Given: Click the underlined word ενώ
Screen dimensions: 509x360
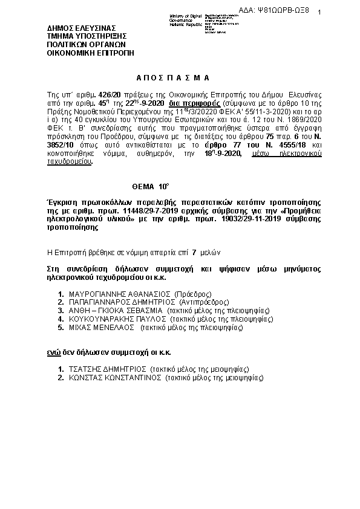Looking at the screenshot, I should point(53,352).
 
